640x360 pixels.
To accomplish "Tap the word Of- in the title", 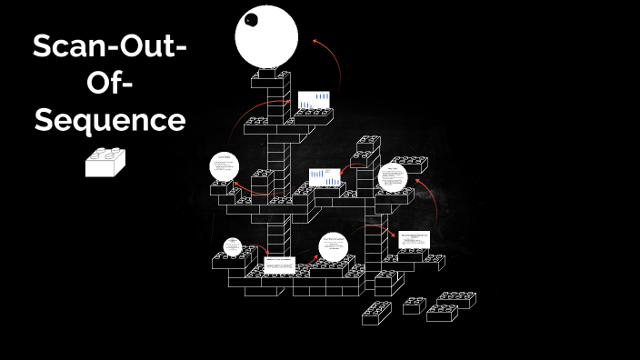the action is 109,83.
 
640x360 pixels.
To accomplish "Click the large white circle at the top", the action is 266,35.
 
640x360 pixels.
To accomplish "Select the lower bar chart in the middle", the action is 324,175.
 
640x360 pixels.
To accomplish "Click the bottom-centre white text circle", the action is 334,247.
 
